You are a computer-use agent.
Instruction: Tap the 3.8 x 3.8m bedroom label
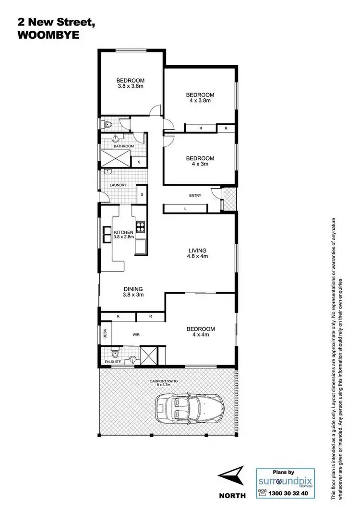pyautogui.click(x=131, y=83)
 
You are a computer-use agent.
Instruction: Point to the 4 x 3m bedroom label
pyautogui.click(x=200, y=161)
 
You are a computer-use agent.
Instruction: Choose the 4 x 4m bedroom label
pyautogui.click(x=201, y=331)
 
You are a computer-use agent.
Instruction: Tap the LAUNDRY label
pyautogui.click(x=118, y=185)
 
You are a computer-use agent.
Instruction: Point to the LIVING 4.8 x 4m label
pyautogui.click(x=197, y=253)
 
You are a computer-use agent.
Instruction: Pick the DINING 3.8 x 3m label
pyautogui.click(x=133, y=292)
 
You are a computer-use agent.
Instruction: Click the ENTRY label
pyautogui.click(x=195, y=195)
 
